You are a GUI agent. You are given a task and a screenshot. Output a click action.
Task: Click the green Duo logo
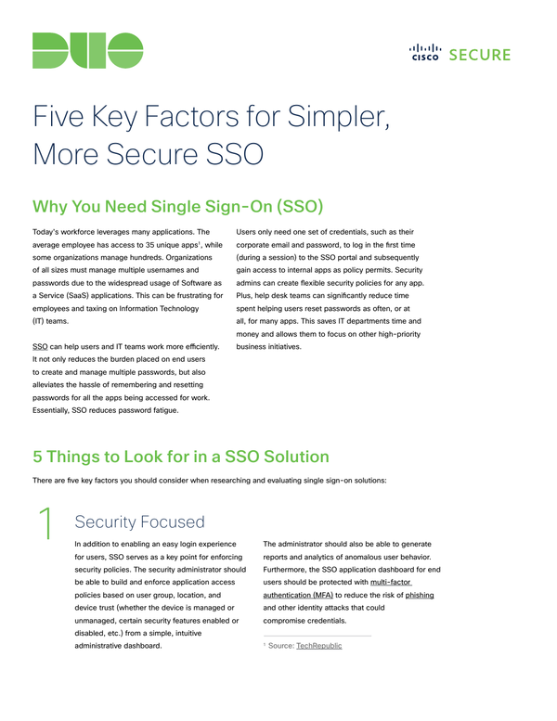tap(88, 50)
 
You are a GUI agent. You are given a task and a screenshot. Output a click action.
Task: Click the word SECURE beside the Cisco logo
tap(478, 54)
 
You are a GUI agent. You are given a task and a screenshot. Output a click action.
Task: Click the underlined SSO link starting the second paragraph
tap(40, 347)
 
